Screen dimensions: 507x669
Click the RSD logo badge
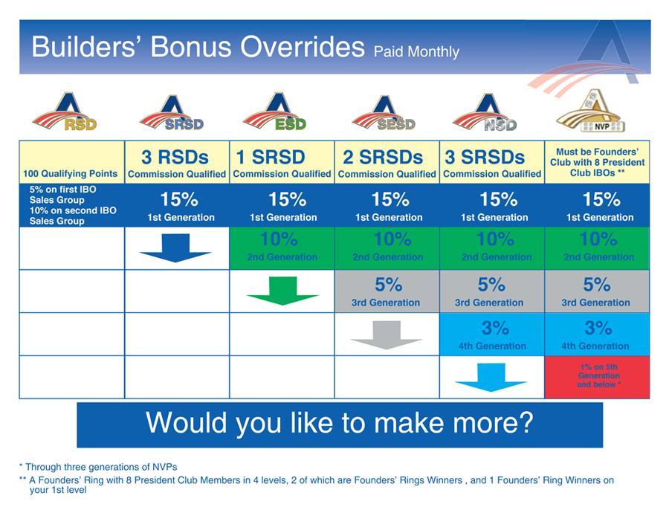coord(65,113)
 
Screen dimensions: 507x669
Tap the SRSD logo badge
coord(172,113)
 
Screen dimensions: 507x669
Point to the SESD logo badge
coord(384,113)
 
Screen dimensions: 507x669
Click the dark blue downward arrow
coord(175,248)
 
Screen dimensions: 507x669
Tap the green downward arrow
coord(282,291)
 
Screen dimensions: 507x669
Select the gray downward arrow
coord(386,334)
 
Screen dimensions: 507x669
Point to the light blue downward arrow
coord(491,377)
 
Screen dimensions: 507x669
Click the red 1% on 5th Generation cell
coord(598,377)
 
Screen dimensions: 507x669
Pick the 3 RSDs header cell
coord(177,163)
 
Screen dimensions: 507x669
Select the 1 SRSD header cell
coord(282,163)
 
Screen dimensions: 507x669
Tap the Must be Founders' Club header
coord(598,162)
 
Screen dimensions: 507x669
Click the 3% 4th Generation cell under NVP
coord(598,334)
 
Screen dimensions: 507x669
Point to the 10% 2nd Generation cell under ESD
coord(282,248)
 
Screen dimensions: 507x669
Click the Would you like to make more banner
coord(340,424)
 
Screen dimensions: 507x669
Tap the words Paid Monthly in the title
coord(416,52)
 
